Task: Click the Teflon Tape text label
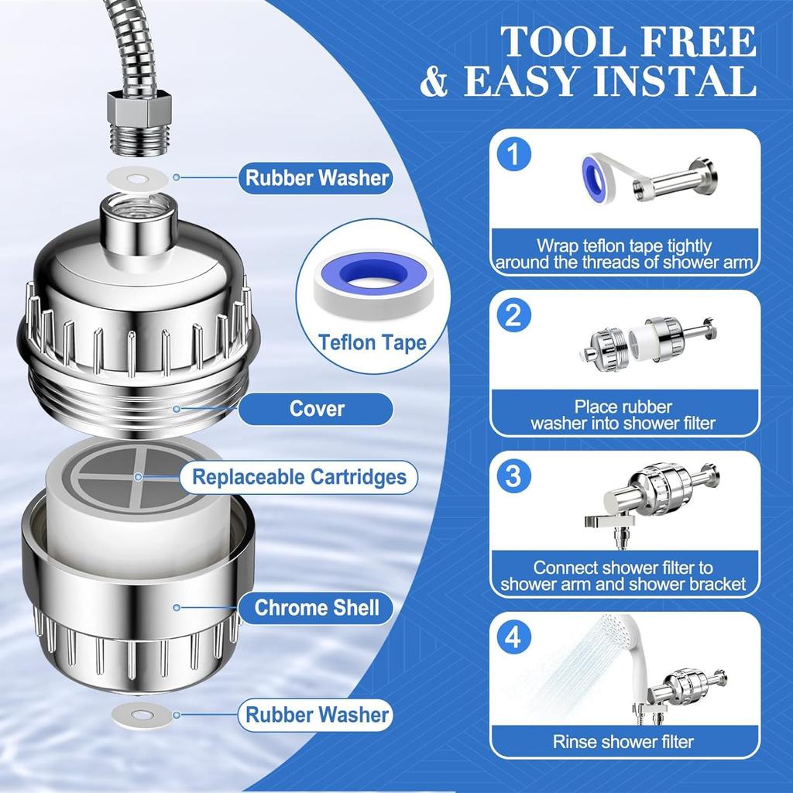pyautogui.click(x=373, y=342)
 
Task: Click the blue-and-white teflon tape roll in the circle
pyautogui.click(x=372, y=276)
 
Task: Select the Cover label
pyautogui.click(x=317, y=408)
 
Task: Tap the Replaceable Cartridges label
pyautogui.click(x=299, y=476)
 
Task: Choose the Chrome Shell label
pyautogui.click(x=317, y=608)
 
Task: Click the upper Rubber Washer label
pyautogui.click(x=317, y=177)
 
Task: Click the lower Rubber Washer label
pyautogui.click(x=317, y=714)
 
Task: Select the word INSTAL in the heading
pyautogui.click(x=675, y=82)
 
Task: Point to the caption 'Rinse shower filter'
pyautogui.click(x=623, y=741)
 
